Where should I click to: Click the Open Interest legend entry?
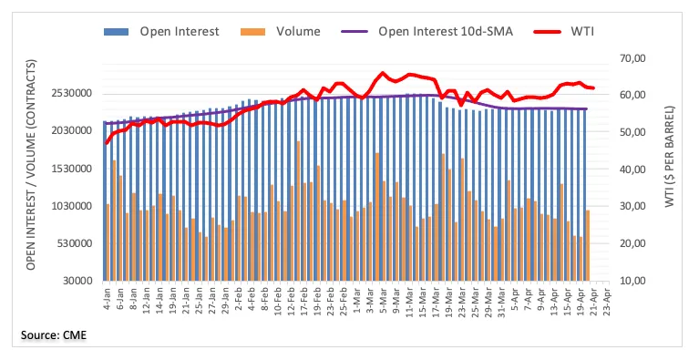pos(161,32)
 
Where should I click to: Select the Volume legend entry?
pos(280,32)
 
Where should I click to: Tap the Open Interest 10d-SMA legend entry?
pos(427,32)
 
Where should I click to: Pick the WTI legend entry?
pos(563,32)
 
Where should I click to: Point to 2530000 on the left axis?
pos(73,94)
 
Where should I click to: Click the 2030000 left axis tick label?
pos(73,131)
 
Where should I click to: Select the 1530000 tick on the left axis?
pos(73,169)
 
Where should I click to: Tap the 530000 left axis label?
pos(77,243)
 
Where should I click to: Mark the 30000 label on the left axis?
pos(79,281)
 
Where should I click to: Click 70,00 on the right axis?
pos(632,58)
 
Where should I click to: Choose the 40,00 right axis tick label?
pos(632,170)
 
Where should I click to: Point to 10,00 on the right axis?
pos(632,281)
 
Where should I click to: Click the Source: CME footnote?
pos(54,335)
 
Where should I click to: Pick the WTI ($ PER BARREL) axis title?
pos(670,157)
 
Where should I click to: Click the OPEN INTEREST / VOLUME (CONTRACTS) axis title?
pos(30,165)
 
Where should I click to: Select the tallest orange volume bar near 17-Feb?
pos(298,211)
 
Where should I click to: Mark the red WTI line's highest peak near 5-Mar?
pos(382,73)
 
